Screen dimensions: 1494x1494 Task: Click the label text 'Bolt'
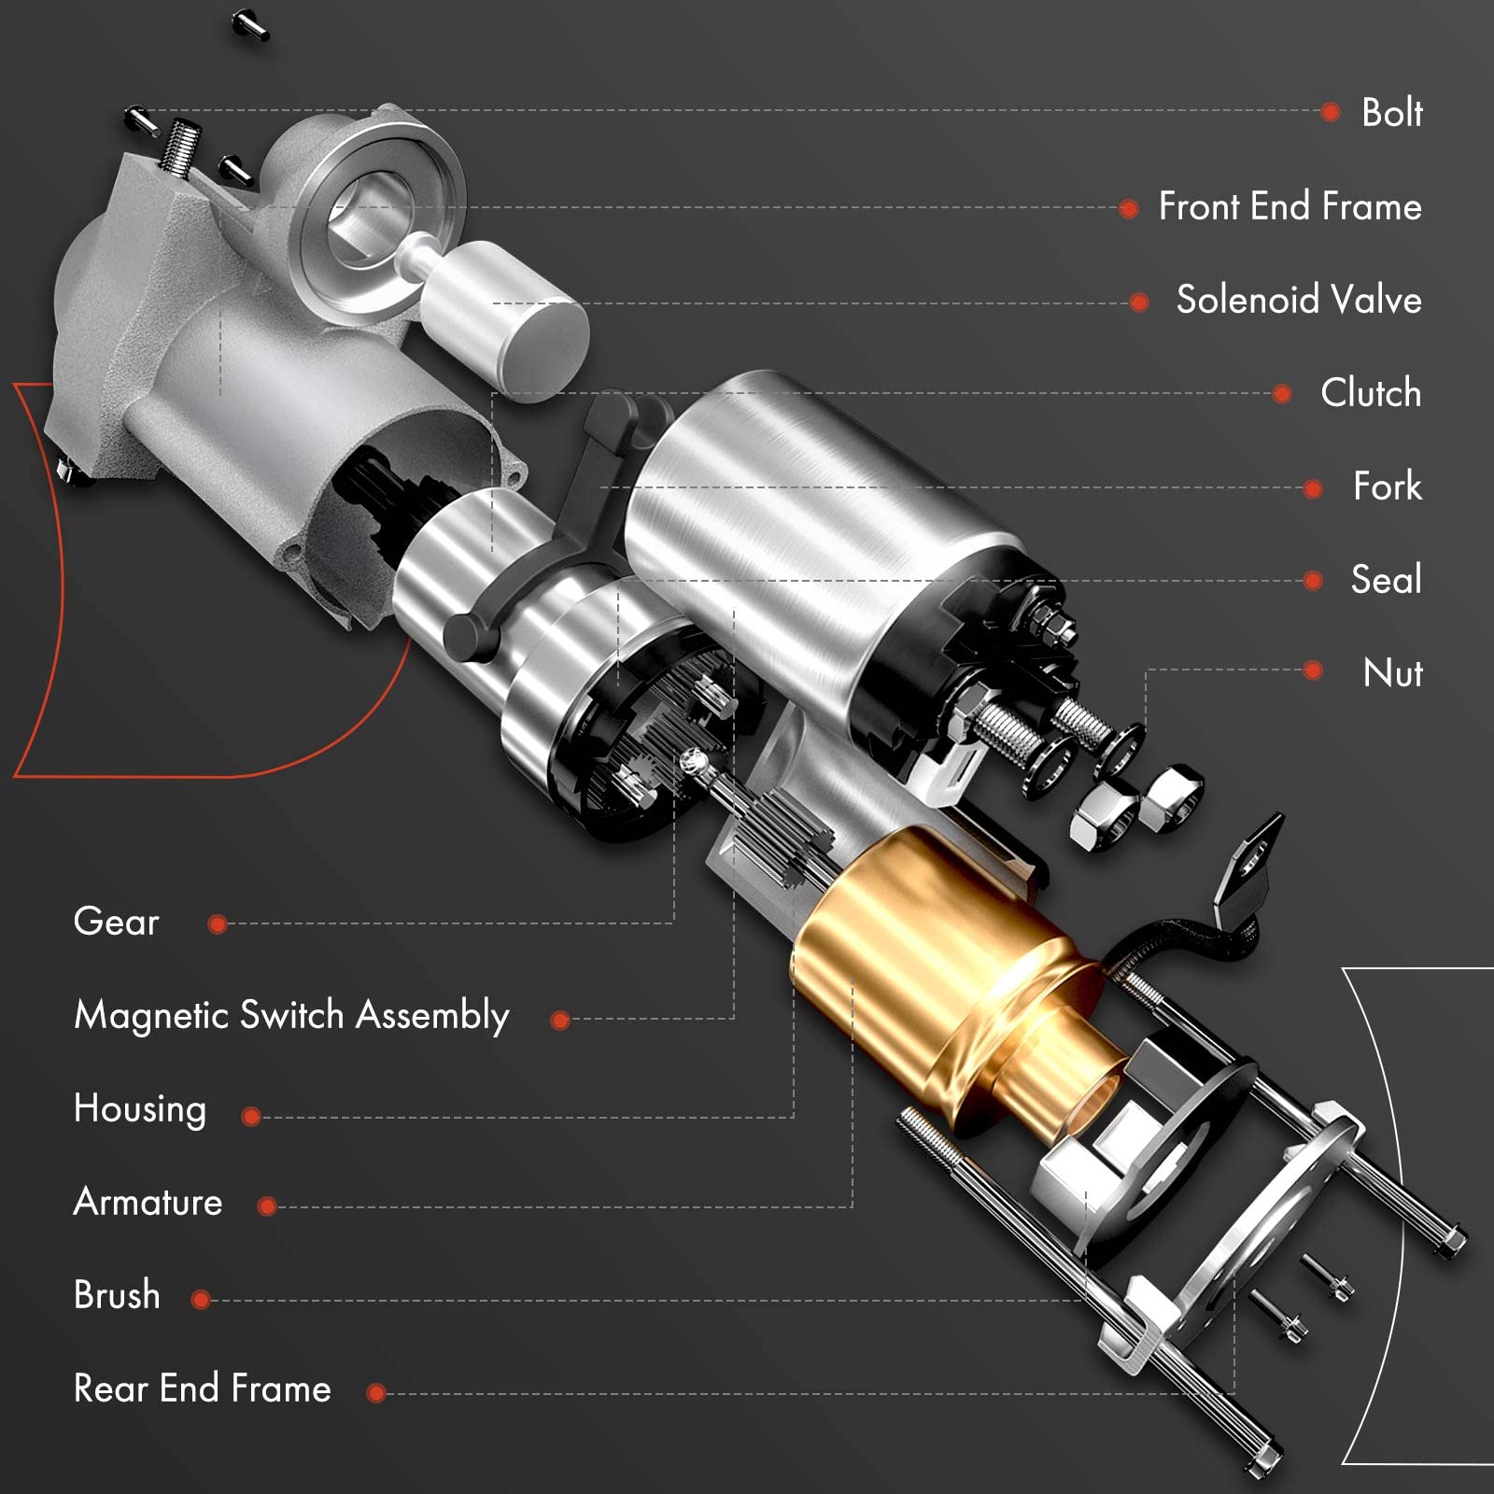(1391, 113)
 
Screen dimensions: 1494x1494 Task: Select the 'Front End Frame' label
(1290, 206)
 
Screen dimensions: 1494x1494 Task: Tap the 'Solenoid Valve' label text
(1298, 300)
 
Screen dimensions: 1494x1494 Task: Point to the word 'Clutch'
(1370, 393)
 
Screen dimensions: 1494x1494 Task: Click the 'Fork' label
(1387, 486)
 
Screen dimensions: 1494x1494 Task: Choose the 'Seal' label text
(1386, 580)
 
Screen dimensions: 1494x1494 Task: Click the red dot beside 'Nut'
(1313, 670)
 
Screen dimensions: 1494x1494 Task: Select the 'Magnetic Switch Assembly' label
(291, 1016)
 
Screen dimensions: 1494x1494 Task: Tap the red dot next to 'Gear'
(218, 924)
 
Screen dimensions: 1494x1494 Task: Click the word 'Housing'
(140, 1109)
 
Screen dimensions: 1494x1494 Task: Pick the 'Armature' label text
(148, 1203)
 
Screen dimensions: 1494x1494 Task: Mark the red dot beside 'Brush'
(200, 1300)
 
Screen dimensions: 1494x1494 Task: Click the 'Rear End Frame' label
(202, 1389)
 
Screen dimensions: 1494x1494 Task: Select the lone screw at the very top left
(249, 25)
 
